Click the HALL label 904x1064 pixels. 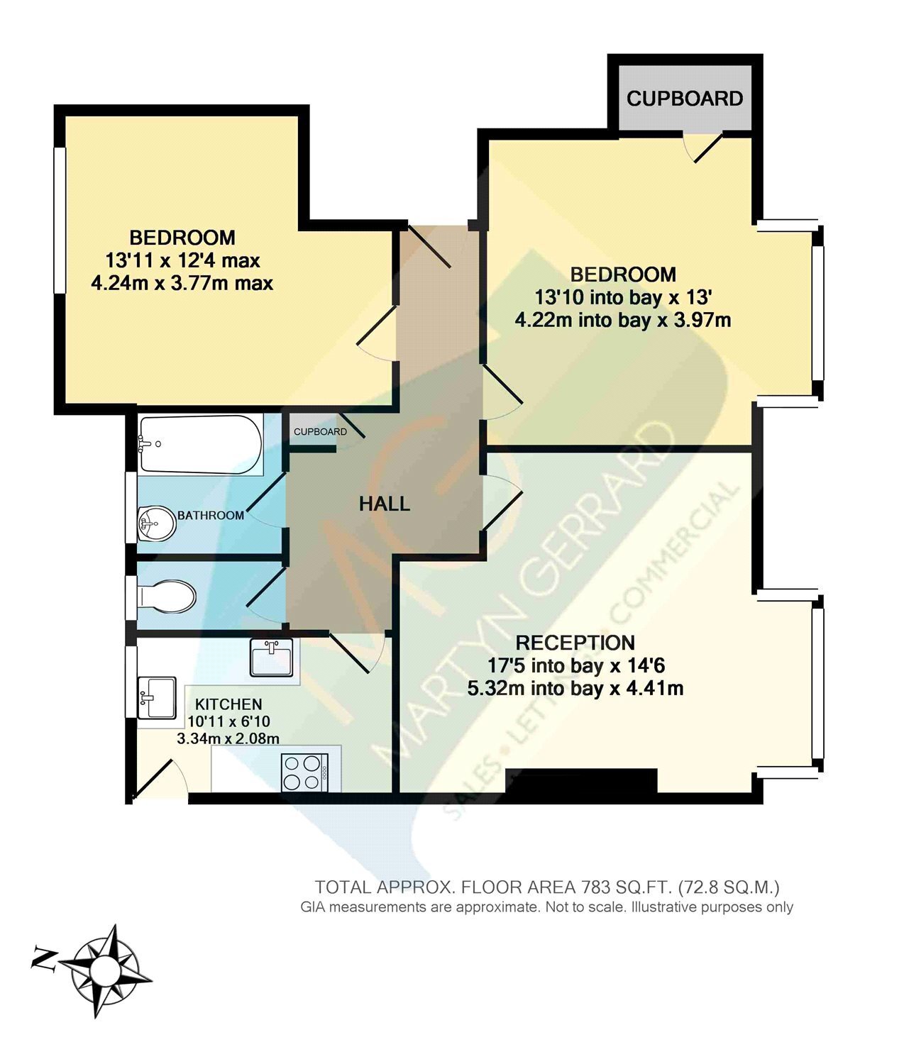tap(385, 504)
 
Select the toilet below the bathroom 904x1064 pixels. tap(167, 597)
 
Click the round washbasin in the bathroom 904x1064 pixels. tap(157, 524)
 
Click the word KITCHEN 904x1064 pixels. tap(228, 704)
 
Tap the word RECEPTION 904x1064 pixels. tap(575, 643)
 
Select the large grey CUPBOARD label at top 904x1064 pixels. tap(685, 99)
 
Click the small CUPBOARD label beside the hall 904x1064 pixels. tap(320, 431)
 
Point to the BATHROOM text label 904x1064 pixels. tap(211, 515)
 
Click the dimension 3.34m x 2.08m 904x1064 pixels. tap(228, 738)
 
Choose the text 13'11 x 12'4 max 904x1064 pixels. tap(182, 260)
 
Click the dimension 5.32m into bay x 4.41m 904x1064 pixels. tap(575, 688)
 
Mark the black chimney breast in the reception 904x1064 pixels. tap(582, 781)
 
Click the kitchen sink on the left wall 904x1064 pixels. tap(157, 697)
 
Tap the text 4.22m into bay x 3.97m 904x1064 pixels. tap(622, 320)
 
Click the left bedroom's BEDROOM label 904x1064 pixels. tap(182, 238)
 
